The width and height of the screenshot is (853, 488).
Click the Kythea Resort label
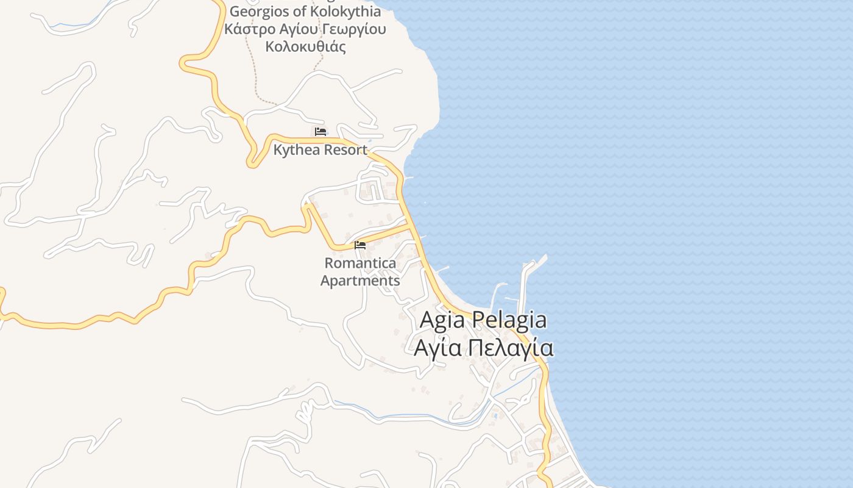pos(320,150)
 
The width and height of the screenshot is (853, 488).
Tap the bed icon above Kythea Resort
pos(320,132)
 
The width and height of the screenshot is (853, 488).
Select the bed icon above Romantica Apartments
pos(360,246)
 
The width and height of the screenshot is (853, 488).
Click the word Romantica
pos(360,264)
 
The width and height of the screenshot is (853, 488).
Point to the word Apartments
pos(360,281)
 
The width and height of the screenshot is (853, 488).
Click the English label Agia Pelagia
pos(483,320)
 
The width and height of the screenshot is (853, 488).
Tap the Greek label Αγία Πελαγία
pos(483,348)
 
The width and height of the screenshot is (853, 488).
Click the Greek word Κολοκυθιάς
pos(305,46)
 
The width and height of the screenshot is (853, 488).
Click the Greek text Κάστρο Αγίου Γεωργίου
pos(305,29)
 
